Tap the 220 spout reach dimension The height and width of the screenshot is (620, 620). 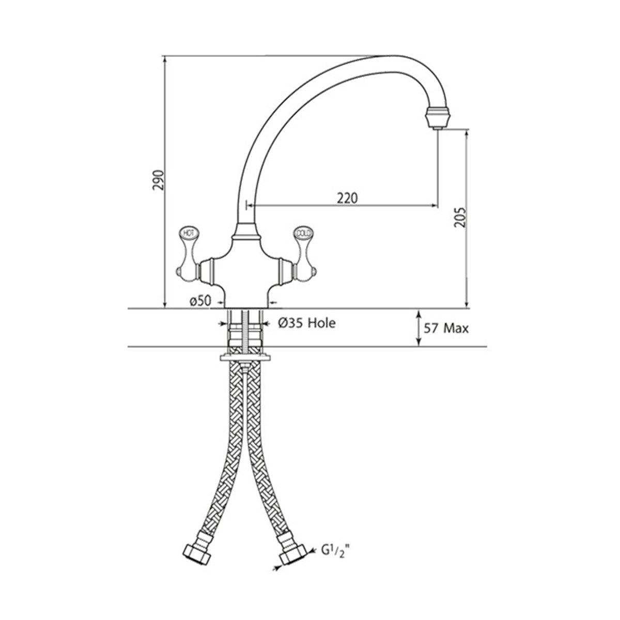[x=347, y=198]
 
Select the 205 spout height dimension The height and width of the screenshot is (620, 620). [x=460, y=218]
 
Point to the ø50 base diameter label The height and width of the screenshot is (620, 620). [x=200, y=301]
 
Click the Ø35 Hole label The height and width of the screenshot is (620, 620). [x=306, y=323]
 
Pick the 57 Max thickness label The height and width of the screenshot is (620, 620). [x=446, y=329]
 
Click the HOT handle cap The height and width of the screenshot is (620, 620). [x=187, y=233]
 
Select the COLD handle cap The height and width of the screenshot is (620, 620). [x=303, y=233]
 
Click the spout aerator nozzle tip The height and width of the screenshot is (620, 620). [x=437, y=118]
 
